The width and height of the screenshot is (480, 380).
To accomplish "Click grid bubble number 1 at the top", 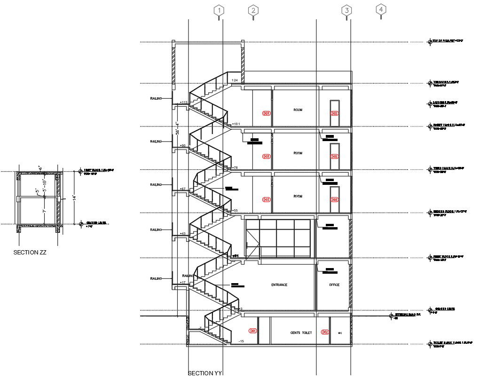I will coord(219,10).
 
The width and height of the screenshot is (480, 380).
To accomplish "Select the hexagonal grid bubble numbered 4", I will coord(381,9).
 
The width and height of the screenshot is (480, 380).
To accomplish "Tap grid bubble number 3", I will coord(346,10).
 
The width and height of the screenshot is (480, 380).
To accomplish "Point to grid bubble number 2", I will coord(253,10).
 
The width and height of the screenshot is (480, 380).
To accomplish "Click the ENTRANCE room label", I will coord(279,285).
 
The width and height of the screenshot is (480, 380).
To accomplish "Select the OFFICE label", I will coord(334,285).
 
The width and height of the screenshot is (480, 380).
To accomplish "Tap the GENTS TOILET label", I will coord(301,333).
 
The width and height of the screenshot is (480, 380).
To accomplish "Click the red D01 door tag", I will coord(253,331).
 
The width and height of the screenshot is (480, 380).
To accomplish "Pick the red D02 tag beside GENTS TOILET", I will coord(325,332).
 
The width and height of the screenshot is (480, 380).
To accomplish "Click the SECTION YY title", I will coord(205,373).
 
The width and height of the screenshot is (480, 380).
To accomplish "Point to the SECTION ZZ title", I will coord(30,253).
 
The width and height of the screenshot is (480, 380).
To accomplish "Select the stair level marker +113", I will coord(183,103).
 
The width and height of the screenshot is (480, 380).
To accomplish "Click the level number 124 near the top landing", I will coord(235,81).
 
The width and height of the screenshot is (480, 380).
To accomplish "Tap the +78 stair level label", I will coord(235,168).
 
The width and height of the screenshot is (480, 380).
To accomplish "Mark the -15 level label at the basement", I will coord(241,341).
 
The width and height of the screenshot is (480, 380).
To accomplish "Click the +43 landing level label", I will coord(182,234).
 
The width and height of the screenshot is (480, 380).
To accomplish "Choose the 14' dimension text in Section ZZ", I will coord(74,198).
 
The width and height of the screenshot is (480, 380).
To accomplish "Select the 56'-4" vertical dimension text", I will coord(177,128).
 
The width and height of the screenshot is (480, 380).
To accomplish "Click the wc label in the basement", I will coord(339,333).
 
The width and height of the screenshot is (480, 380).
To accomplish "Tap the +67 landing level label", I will coord(183,189).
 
